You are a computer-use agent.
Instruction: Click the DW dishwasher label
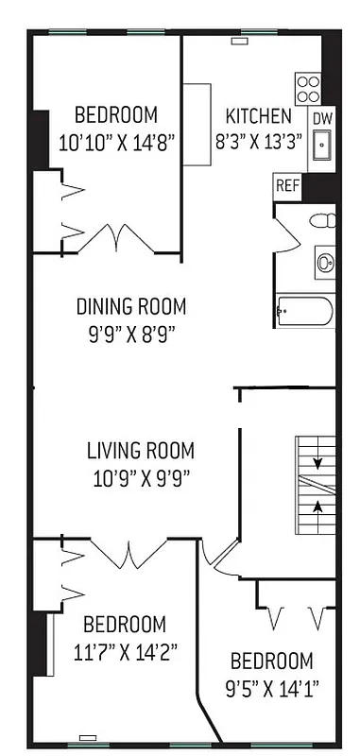tap(321, 118)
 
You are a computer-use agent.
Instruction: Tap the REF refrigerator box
tap(287, 185)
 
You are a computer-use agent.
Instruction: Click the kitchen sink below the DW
tap(322, 147)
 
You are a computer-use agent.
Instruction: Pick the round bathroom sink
tap(325, 261)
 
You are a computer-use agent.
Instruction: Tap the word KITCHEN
tap(258, 117)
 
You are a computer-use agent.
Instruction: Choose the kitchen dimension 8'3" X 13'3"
tap(258, 141)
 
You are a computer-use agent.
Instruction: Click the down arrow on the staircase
tap(317, 464)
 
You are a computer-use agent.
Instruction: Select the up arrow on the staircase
tap(317, 507)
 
